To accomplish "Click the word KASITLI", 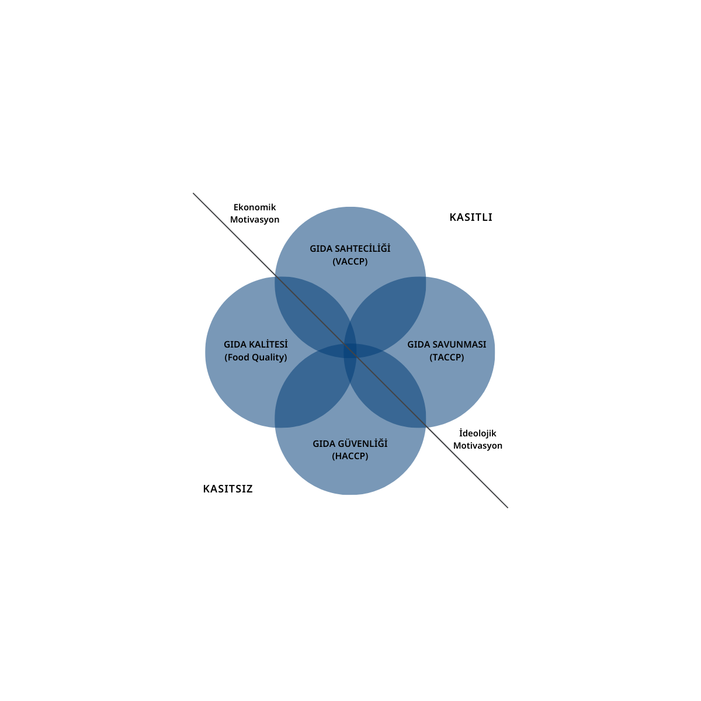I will [471, 217].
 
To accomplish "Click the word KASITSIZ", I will [228, 489].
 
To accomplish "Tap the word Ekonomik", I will [255, 207].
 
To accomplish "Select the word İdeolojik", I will [478, 433].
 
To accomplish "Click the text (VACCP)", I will [350, 262].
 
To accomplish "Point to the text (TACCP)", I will [447, 358].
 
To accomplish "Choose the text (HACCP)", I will [350, 456].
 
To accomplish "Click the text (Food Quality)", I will [256, 358].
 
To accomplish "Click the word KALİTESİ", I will [268, 345].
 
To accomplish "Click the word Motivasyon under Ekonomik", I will [255, 220].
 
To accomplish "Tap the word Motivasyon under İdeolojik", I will [478, 446].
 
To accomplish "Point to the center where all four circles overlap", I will [350, 351].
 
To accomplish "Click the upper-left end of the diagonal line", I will [194, 194].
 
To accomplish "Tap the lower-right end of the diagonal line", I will [507, 507].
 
